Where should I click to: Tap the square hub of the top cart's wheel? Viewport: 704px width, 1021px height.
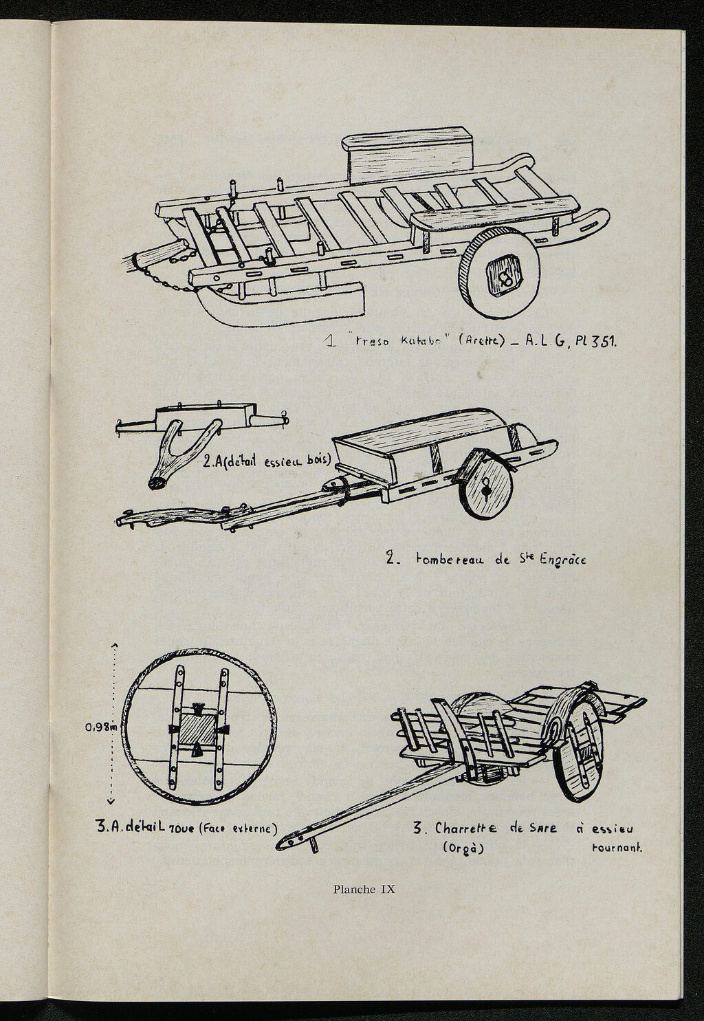pyautogui.click(x=506, y=276)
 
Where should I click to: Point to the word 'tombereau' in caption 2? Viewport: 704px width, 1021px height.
pyautogui.click(x=449, y=560)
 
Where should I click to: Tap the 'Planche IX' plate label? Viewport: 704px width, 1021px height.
pyautogui.click(x=364, y=888)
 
